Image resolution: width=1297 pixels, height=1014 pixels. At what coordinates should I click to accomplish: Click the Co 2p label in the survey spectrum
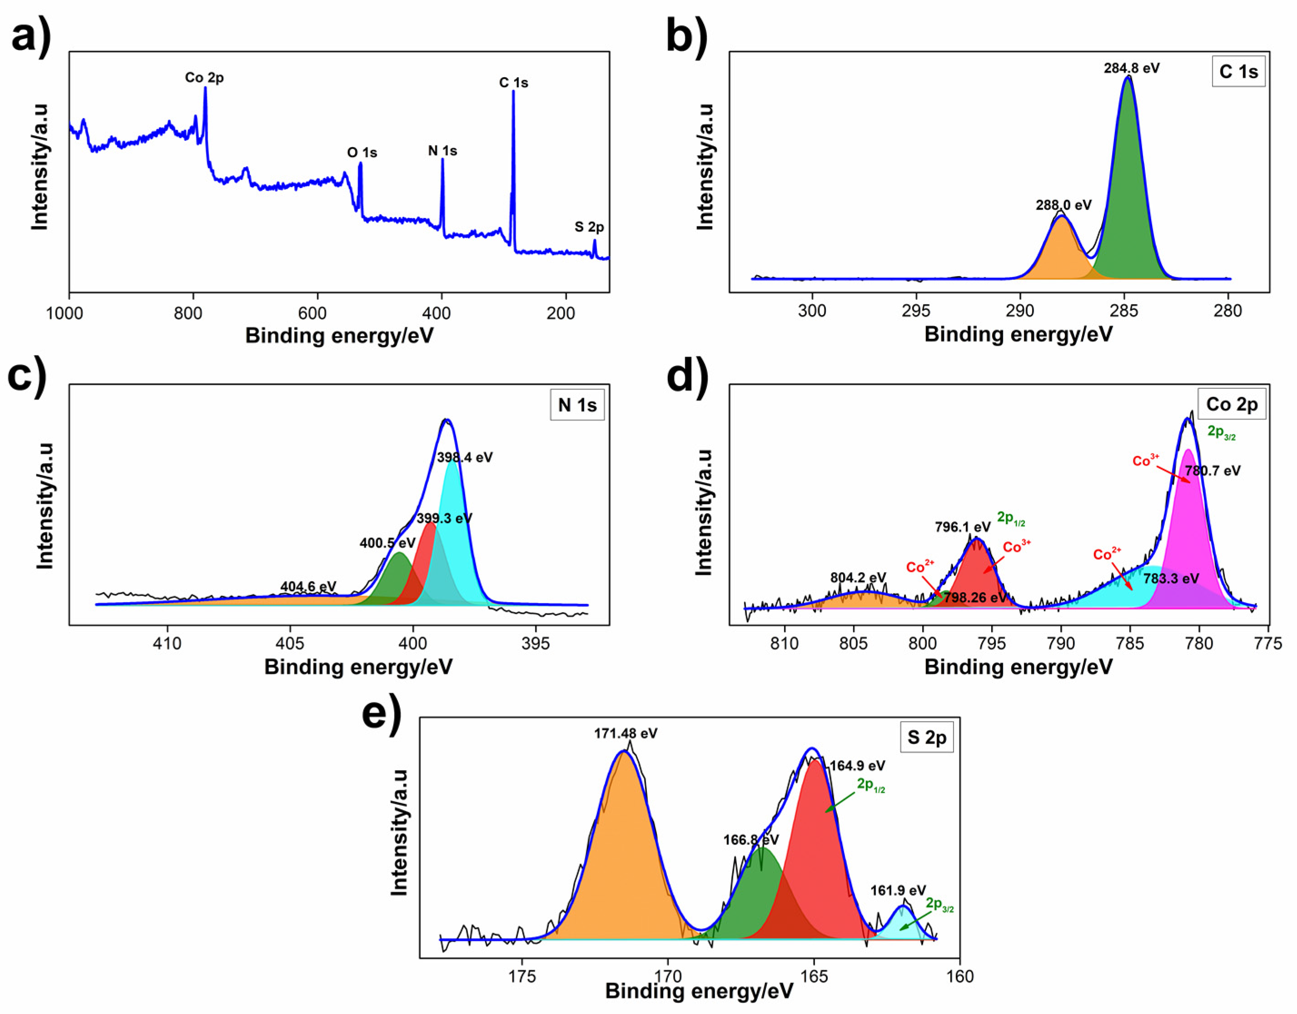coord(204,78)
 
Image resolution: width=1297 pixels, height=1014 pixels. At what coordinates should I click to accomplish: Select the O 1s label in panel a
coord(362,153)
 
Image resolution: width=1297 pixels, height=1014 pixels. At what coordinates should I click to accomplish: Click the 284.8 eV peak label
coord(1131,68)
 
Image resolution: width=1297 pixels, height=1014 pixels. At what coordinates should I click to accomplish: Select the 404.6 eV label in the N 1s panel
coord(308,587)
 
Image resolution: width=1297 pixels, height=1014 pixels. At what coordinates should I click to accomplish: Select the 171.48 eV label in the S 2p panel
coord(626,734)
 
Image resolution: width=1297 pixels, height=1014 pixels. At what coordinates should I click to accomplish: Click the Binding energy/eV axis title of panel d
coord(1018,667)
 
